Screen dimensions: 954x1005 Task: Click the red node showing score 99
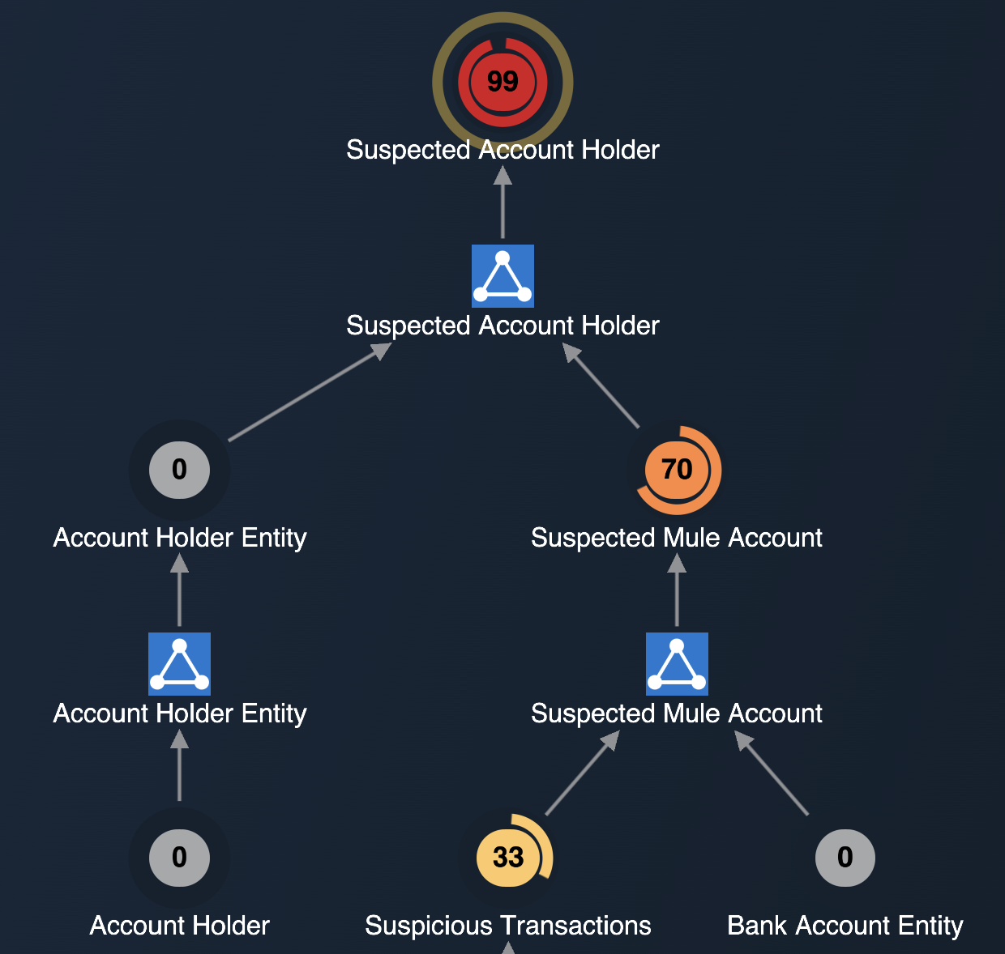[x=502, y=81]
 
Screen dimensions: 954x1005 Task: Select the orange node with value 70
[x=677, y=470]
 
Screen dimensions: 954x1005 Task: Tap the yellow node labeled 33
[x=508, y=857]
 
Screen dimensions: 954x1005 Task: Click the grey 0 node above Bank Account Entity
[x=845, y=857]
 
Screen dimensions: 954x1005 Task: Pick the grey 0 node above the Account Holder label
[x=179, y=857]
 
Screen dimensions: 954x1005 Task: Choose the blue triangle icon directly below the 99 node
[x=502, y=276]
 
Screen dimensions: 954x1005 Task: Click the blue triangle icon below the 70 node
[x=677, y=664]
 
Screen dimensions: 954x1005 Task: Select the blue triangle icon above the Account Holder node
[x=179, y=664]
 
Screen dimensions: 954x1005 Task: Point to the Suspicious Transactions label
[x=508, y=926]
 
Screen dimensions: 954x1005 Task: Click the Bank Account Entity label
[x=845, y=926]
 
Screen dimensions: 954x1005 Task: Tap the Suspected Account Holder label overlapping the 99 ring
[x=502, y=150]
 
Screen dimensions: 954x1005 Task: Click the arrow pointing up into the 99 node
[x=502, y=202]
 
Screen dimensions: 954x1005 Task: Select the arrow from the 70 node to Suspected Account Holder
[x=601, y=385]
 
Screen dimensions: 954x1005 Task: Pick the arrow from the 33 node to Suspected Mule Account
[x=582, y=773]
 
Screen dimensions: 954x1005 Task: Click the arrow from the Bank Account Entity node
[x=772, y=773]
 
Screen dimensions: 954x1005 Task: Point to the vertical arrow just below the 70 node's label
[x=677, y=590]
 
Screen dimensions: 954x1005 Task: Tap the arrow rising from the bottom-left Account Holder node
[x=179, y=766]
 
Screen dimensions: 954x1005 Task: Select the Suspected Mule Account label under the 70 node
[x=677, y=538]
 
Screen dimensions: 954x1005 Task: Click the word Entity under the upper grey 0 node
[x=274, y=538]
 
